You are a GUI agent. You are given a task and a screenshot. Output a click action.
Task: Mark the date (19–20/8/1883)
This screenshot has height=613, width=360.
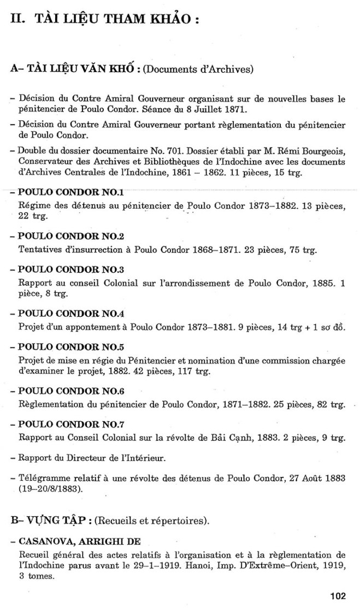click(x=51, y=488)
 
